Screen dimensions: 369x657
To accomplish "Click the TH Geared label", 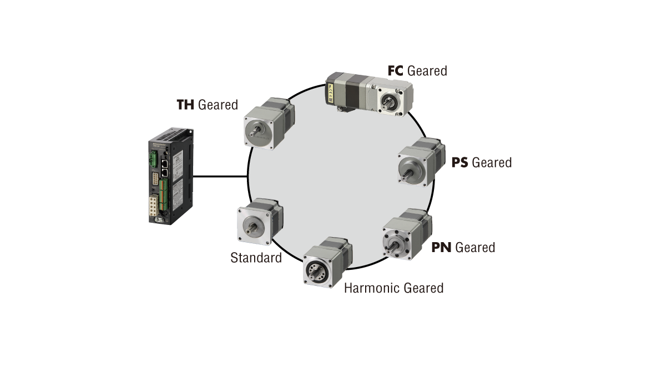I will tap(207, 105).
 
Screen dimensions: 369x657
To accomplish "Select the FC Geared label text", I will tap(417, 70).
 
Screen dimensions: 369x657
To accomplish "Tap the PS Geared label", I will tap(481, 162).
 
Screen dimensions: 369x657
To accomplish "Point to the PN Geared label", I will tap(463, 247).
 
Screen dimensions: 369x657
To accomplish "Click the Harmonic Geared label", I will tap(393, 288).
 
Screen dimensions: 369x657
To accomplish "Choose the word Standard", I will tap(256, 258).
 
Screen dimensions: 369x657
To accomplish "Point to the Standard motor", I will tap(259, 222).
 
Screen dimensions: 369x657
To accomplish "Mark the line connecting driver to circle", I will tap(220, 177).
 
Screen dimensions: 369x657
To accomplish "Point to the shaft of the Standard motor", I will tap(254, 225).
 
